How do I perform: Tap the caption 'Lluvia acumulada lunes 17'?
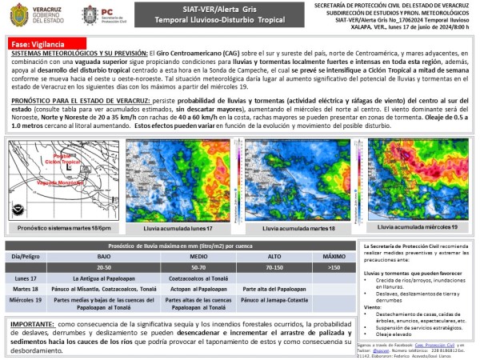point(175,228)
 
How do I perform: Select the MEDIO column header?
point(198,257)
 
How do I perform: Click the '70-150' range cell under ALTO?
point(274,266)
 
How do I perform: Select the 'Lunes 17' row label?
point(27,277)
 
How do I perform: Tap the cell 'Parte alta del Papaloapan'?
point(274,288)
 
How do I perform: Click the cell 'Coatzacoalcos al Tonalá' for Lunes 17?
point(198,277)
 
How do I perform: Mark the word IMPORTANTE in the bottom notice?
point(32,324)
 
